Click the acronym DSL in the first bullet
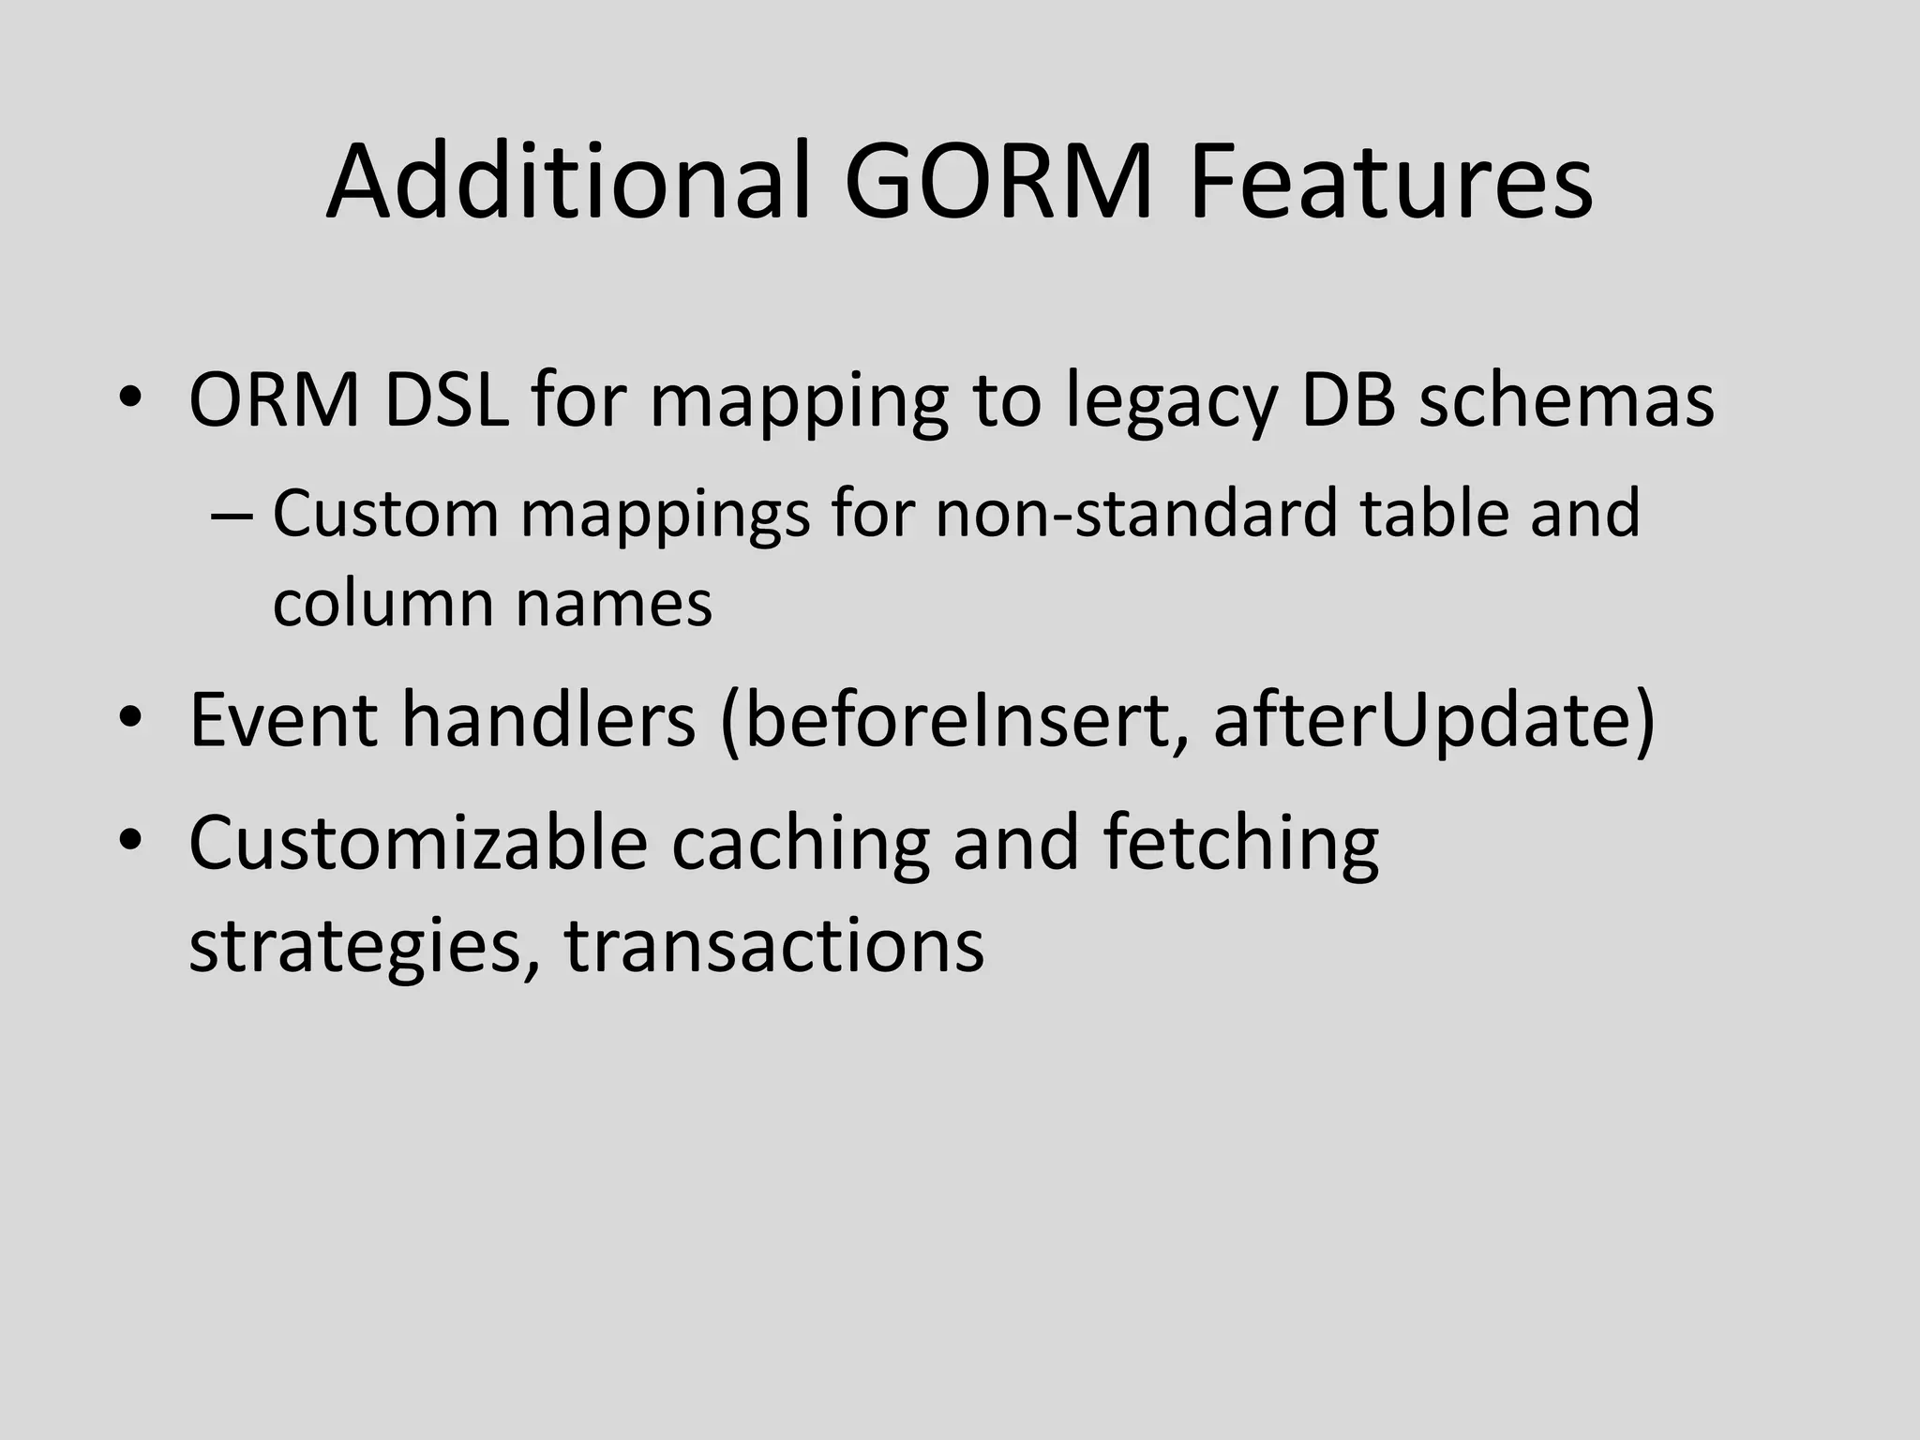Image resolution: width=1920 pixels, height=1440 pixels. pyautogui.click(x=446, y=401)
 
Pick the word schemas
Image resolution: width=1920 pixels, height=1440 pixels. pyautogui.click(x=1566, y=401)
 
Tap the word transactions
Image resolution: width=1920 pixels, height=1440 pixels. pyautogui.click(x=773, y=945)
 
